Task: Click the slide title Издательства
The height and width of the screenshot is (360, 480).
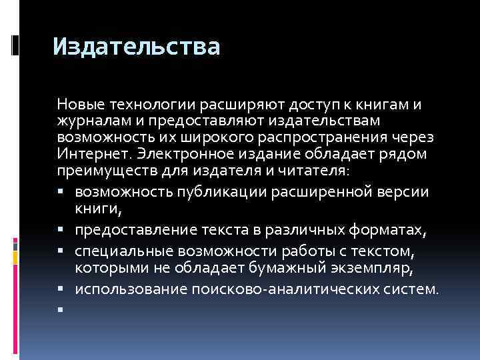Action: [x=136, y=47]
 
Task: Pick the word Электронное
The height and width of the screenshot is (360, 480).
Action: [x=179, y=153]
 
